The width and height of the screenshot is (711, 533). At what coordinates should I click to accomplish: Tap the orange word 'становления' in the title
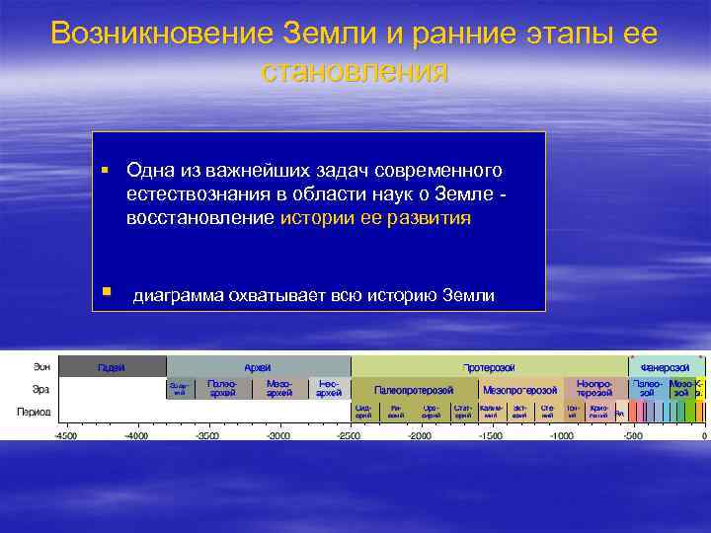(x=355, y=71)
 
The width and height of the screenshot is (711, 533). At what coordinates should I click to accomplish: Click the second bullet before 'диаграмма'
(x=104, y=292)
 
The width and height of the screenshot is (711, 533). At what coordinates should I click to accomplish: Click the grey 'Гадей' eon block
(x=112, y=367)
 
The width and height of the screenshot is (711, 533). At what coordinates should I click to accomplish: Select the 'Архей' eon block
(x=258, y=367)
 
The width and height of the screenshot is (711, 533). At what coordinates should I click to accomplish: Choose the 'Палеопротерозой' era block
(x=414, y=390)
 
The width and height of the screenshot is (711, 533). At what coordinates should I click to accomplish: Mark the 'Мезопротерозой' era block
(x=519, y=390)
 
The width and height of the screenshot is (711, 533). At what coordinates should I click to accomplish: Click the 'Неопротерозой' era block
(x=593, y=389)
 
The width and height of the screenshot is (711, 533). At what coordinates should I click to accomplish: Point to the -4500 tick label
(x=66, y=435)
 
